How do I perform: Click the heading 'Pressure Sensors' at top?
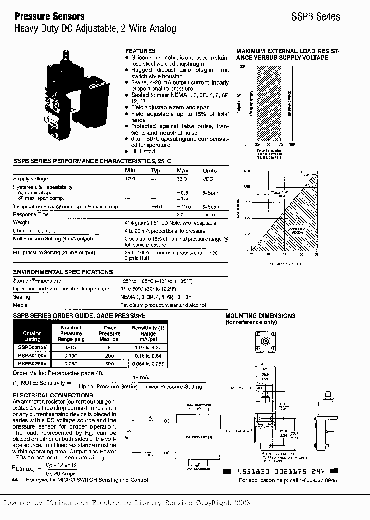[x=49, y=16]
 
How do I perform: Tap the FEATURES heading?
[x=140, y=51]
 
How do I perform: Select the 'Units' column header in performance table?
[x=210, y=170]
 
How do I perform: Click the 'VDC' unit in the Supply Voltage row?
[x=208, y=179]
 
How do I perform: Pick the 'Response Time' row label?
[x=31, y=214]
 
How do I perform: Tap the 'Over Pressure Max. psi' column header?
[x=109, y=333]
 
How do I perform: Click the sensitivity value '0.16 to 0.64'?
[x=148, y=355]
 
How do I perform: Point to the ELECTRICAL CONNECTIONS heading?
[x=53, y=395]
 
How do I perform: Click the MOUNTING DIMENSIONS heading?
[x=261, y=315]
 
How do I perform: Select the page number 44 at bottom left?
[x=14, y=480]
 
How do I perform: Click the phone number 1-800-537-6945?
[x=319, y=480]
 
